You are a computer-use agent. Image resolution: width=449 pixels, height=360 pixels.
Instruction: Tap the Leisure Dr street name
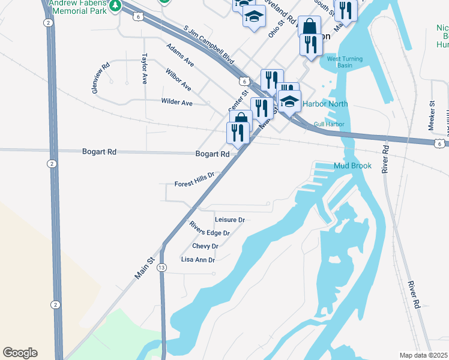[x=229, y=220]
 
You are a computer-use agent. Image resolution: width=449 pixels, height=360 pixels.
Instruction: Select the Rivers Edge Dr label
[x=209, y=229]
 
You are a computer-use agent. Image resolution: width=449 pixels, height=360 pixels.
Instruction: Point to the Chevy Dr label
[x=205, y=246]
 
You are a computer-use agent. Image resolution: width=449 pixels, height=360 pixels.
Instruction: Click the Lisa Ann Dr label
[x=197, y=260]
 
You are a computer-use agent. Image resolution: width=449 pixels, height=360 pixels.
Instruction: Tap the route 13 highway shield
[x=161, y=268]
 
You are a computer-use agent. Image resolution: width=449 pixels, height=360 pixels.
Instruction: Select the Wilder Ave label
[x=176, y=103]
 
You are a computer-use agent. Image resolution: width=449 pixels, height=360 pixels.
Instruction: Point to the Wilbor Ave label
[x=178, y=80]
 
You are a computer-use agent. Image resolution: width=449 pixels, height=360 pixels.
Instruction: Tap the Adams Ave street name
[x=180, y=55]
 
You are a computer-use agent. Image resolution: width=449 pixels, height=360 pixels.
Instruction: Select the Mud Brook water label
[x=352, y=166]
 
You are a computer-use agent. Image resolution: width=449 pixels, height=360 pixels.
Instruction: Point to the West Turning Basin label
[x=340, y=62]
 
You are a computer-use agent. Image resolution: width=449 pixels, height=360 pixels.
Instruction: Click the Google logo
[x=20, y=353]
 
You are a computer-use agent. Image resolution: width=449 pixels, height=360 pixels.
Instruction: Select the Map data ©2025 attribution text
[x=423, y=355]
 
